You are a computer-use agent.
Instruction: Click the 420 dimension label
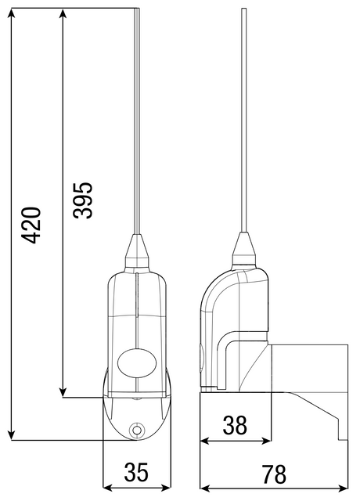(x=31, y=225)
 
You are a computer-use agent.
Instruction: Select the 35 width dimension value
(x=136, y=472)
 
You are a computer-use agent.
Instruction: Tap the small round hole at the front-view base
(x=137, y=429)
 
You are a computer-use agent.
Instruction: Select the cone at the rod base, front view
(x=137, y=250)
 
